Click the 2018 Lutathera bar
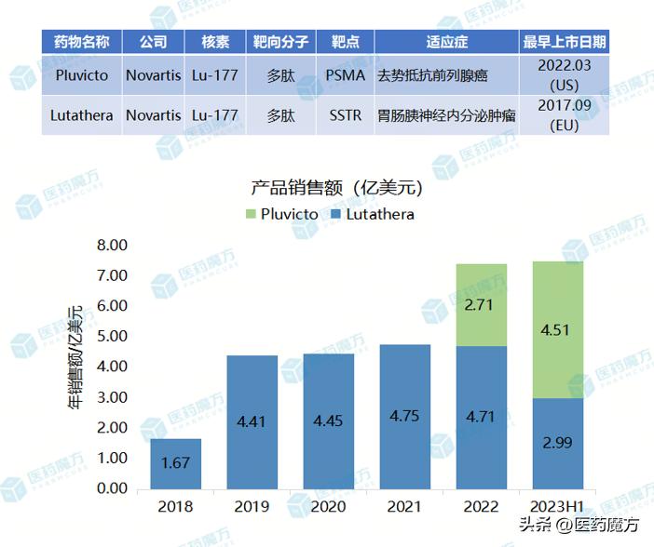pyautogui.click(x=176, y=463)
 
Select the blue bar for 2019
pyautogui.click(x=252, y=422)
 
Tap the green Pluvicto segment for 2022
pyautogui.click(x=481, y=305)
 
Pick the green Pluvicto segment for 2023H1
pyautogui.click(x=557, y=329)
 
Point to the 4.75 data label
pyautogui.click(x=404, y=416)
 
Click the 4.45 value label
pyautogui.click(x=328, y=420)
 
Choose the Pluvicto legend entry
pyautogui.click(x=280, y=214)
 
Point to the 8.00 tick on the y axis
pyautogui.click(x=112, y=246)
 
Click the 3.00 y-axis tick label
pyautogui.click(x=112, y=397)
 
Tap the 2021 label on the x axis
pyautogui.click(x=404, y=508)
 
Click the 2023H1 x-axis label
pyautogui.click(x=557, y=508)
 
